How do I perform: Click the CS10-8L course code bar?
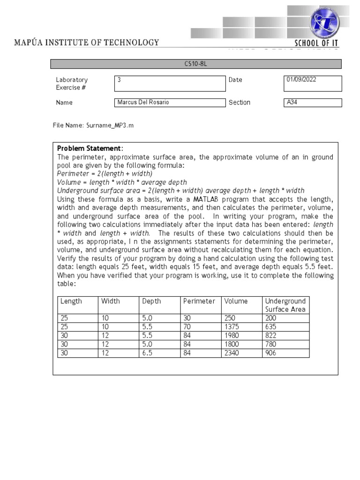pyautogui.click(x=196, y=64)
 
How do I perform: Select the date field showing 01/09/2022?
pyautogui.click(x=314, y=83)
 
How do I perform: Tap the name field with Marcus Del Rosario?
pyautogui.click(x=170, y=103)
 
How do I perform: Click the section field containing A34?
pyautogui.click(x=314, y=103)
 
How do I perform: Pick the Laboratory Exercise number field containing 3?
pyautogui.click(x=170, y=83)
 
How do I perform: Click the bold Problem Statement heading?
pyautogui.click(x=89, y=149)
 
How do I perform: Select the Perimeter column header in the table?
pyautogui.click(x=199, y=301)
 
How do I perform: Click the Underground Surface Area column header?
pyautogui.click(x=285, y=305)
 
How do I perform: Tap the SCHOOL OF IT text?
pyautogui.click(x=316, y=43)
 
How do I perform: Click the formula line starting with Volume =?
pyautogui.click(x=122, y=182)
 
